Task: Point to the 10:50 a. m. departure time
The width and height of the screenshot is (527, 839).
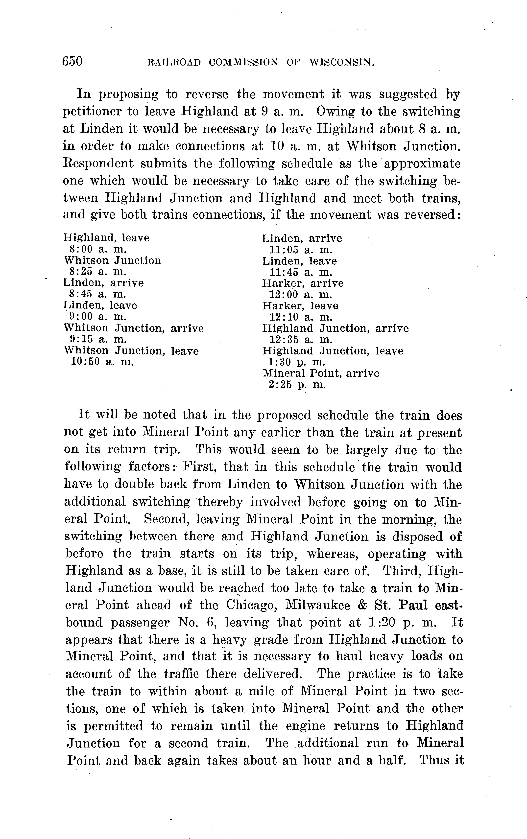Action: [102, 362]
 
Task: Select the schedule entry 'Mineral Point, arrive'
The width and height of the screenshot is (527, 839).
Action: [321, 373]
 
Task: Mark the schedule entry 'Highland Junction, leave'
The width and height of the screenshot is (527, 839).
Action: [333, 351]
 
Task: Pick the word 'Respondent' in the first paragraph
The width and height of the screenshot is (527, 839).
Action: [98, 164]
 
